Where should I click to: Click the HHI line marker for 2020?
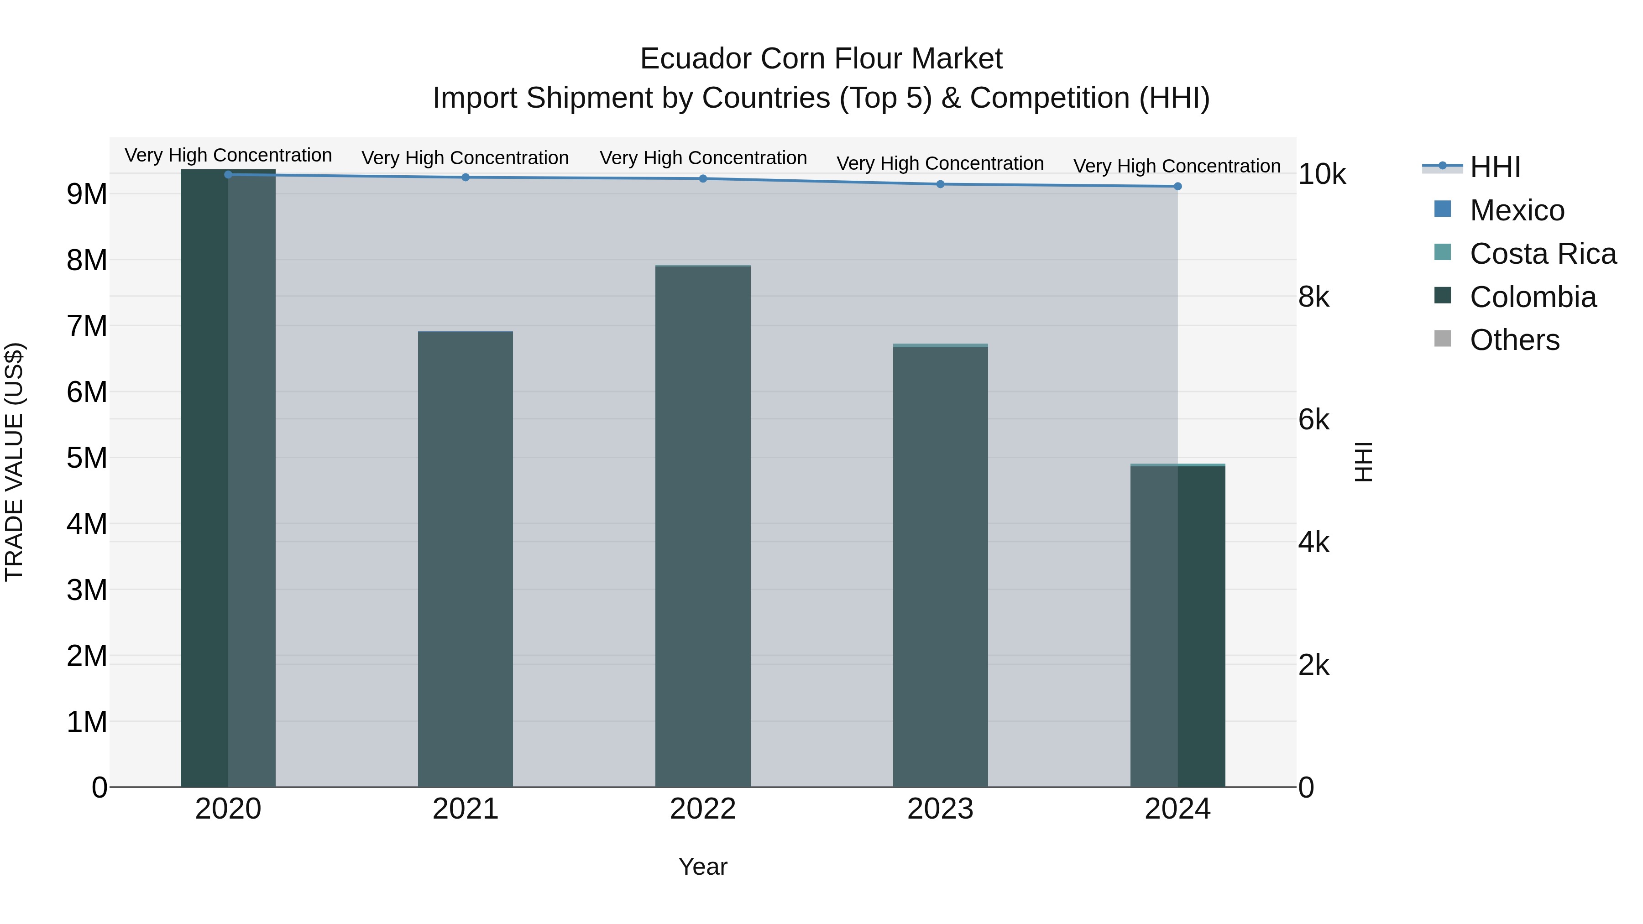[228, 174]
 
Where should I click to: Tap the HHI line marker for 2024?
[1177, 186]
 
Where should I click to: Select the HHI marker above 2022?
[703, 178]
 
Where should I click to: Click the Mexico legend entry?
[1517, 210]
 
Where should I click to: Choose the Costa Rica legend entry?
[1542, 254]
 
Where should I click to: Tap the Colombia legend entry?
[1533, 297]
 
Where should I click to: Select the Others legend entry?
[1514, 340]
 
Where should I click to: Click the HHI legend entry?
[1494, 167]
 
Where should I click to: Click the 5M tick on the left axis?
[87, 458]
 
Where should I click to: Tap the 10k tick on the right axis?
[1322, 174]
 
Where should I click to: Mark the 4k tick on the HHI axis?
[1314, 543]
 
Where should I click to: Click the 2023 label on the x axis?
[940, 809]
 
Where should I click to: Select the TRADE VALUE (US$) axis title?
[14, 462]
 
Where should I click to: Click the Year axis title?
[703, 867]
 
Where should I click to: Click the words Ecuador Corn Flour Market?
[821, 59]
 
